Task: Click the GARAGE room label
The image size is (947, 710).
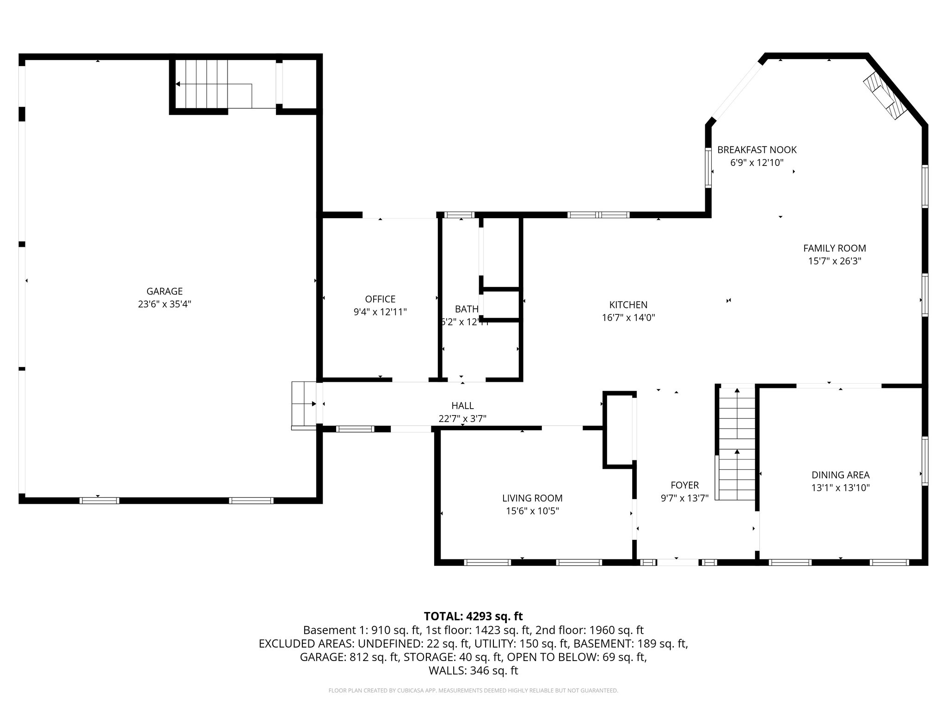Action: tap(165, 291)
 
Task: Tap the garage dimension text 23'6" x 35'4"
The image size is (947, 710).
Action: tap(165, 304)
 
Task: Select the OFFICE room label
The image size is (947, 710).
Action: tap(380, 299)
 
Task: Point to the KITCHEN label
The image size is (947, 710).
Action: tap(628, 305)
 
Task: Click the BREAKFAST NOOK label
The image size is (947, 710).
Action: tap(756, 150)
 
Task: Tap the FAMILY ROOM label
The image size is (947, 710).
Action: tap(834, 248)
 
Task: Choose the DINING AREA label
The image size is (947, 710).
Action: tap(840, 475)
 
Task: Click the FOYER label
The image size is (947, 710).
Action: tap(684, 485)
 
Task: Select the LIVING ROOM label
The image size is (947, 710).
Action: tap(532, 498)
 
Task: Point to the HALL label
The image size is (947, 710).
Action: tap(462, 405)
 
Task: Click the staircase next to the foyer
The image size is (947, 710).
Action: tap(736, 444)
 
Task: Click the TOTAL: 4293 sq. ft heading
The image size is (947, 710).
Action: tap(473, 616)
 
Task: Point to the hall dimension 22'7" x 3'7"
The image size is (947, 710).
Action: tap(462, 419)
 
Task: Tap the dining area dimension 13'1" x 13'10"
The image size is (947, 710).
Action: tap(840, 488)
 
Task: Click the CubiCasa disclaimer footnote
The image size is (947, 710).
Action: tap(473, 691)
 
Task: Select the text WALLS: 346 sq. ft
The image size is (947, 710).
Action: tap(473, 671)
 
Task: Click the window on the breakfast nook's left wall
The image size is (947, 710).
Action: tap(708, 167)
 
